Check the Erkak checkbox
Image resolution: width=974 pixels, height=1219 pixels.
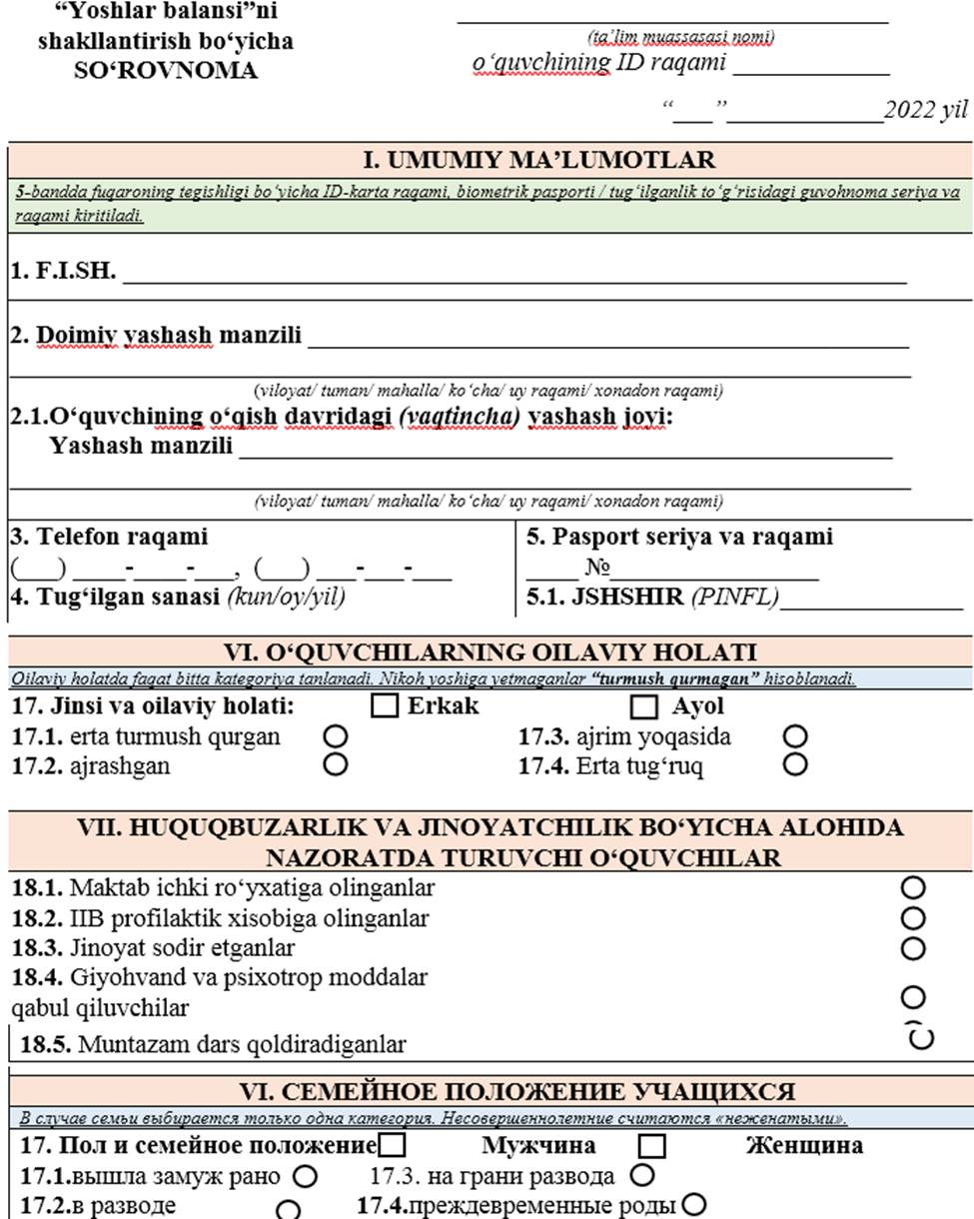click(x=384, y=706)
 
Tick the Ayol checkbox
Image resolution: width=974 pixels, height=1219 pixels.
click(x=645, y=707)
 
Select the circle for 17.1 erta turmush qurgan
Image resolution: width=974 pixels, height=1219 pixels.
click(x=337, y=737)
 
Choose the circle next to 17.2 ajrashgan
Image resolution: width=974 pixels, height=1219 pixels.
click(x=337, y=764)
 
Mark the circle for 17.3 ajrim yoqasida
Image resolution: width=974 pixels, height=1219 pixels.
click(x=795, y=737)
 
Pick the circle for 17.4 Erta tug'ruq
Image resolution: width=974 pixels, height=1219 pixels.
click(x=795, y=764)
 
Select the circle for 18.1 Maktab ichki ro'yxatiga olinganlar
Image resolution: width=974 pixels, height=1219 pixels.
click(x=913, y=887)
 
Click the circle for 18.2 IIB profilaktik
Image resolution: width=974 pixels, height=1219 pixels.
click(x=913, y=917)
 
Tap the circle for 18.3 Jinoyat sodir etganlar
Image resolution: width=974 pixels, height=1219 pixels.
click(x=913, y=947)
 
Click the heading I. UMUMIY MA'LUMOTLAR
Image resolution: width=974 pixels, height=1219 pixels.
click(x=538, y=160)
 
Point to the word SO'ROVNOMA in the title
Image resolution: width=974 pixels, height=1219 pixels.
click(x=165, y=72)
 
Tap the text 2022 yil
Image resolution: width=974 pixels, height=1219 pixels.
click(x=926, y=111)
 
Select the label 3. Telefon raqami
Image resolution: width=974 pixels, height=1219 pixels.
click(x=109, y=537)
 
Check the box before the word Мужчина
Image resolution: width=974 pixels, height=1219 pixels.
click(x=393, y=1144)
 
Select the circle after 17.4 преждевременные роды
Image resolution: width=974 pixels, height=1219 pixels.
click(x=692, y=1203)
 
